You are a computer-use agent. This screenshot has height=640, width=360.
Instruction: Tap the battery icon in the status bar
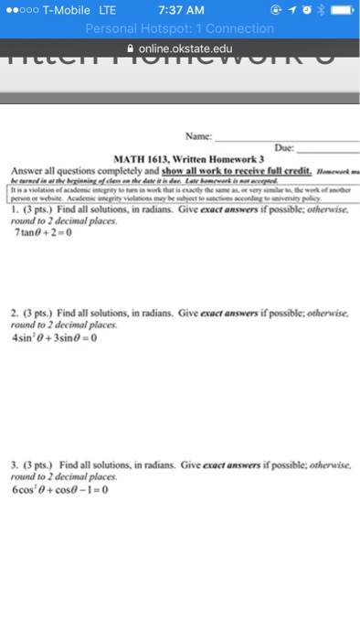(x=339, y=10)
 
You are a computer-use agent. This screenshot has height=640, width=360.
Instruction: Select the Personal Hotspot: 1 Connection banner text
(x=180, y=28)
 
